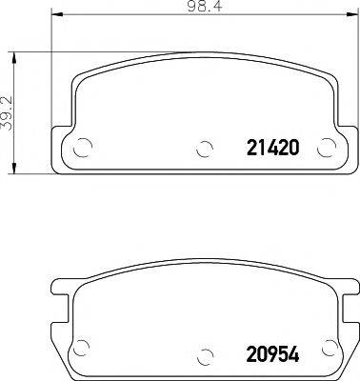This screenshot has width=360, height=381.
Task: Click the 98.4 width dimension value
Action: (x=201, y=7)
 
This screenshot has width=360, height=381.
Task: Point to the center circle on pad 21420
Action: (x=202, y=149)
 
